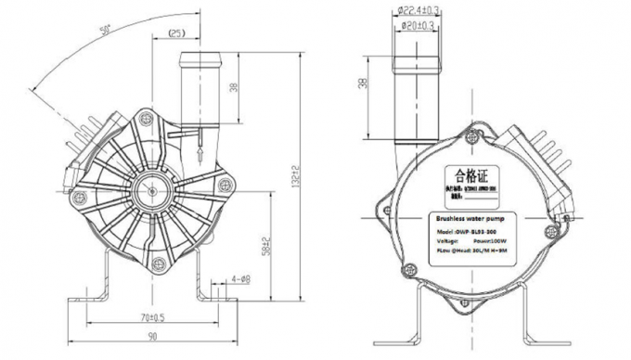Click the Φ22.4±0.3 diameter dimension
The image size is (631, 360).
[418, 11]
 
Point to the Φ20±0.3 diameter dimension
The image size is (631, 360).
[418, 26]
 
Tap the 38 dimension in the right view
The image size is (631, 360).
[363, 84]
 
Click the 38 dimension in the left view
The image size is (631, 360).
[234, 88]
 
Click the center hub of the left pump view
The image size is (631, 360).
[149, 188]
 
